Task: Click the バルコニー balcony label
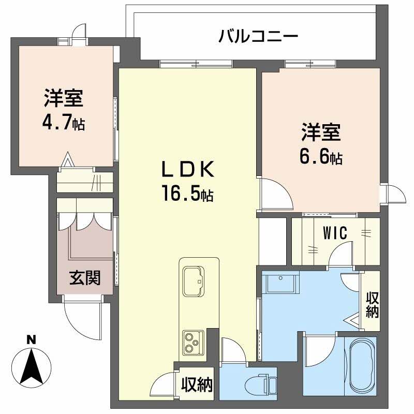pos(258,37)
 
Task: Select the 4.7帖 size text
pos(64,124)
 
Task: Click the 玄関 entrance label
pos(85,278)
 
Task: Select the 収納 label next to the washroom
pos(372,305)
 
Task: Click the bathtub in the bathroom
pos(362,365)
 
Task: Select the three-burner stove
pos(193,342)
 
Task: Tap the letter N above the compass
pos(32,340)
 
